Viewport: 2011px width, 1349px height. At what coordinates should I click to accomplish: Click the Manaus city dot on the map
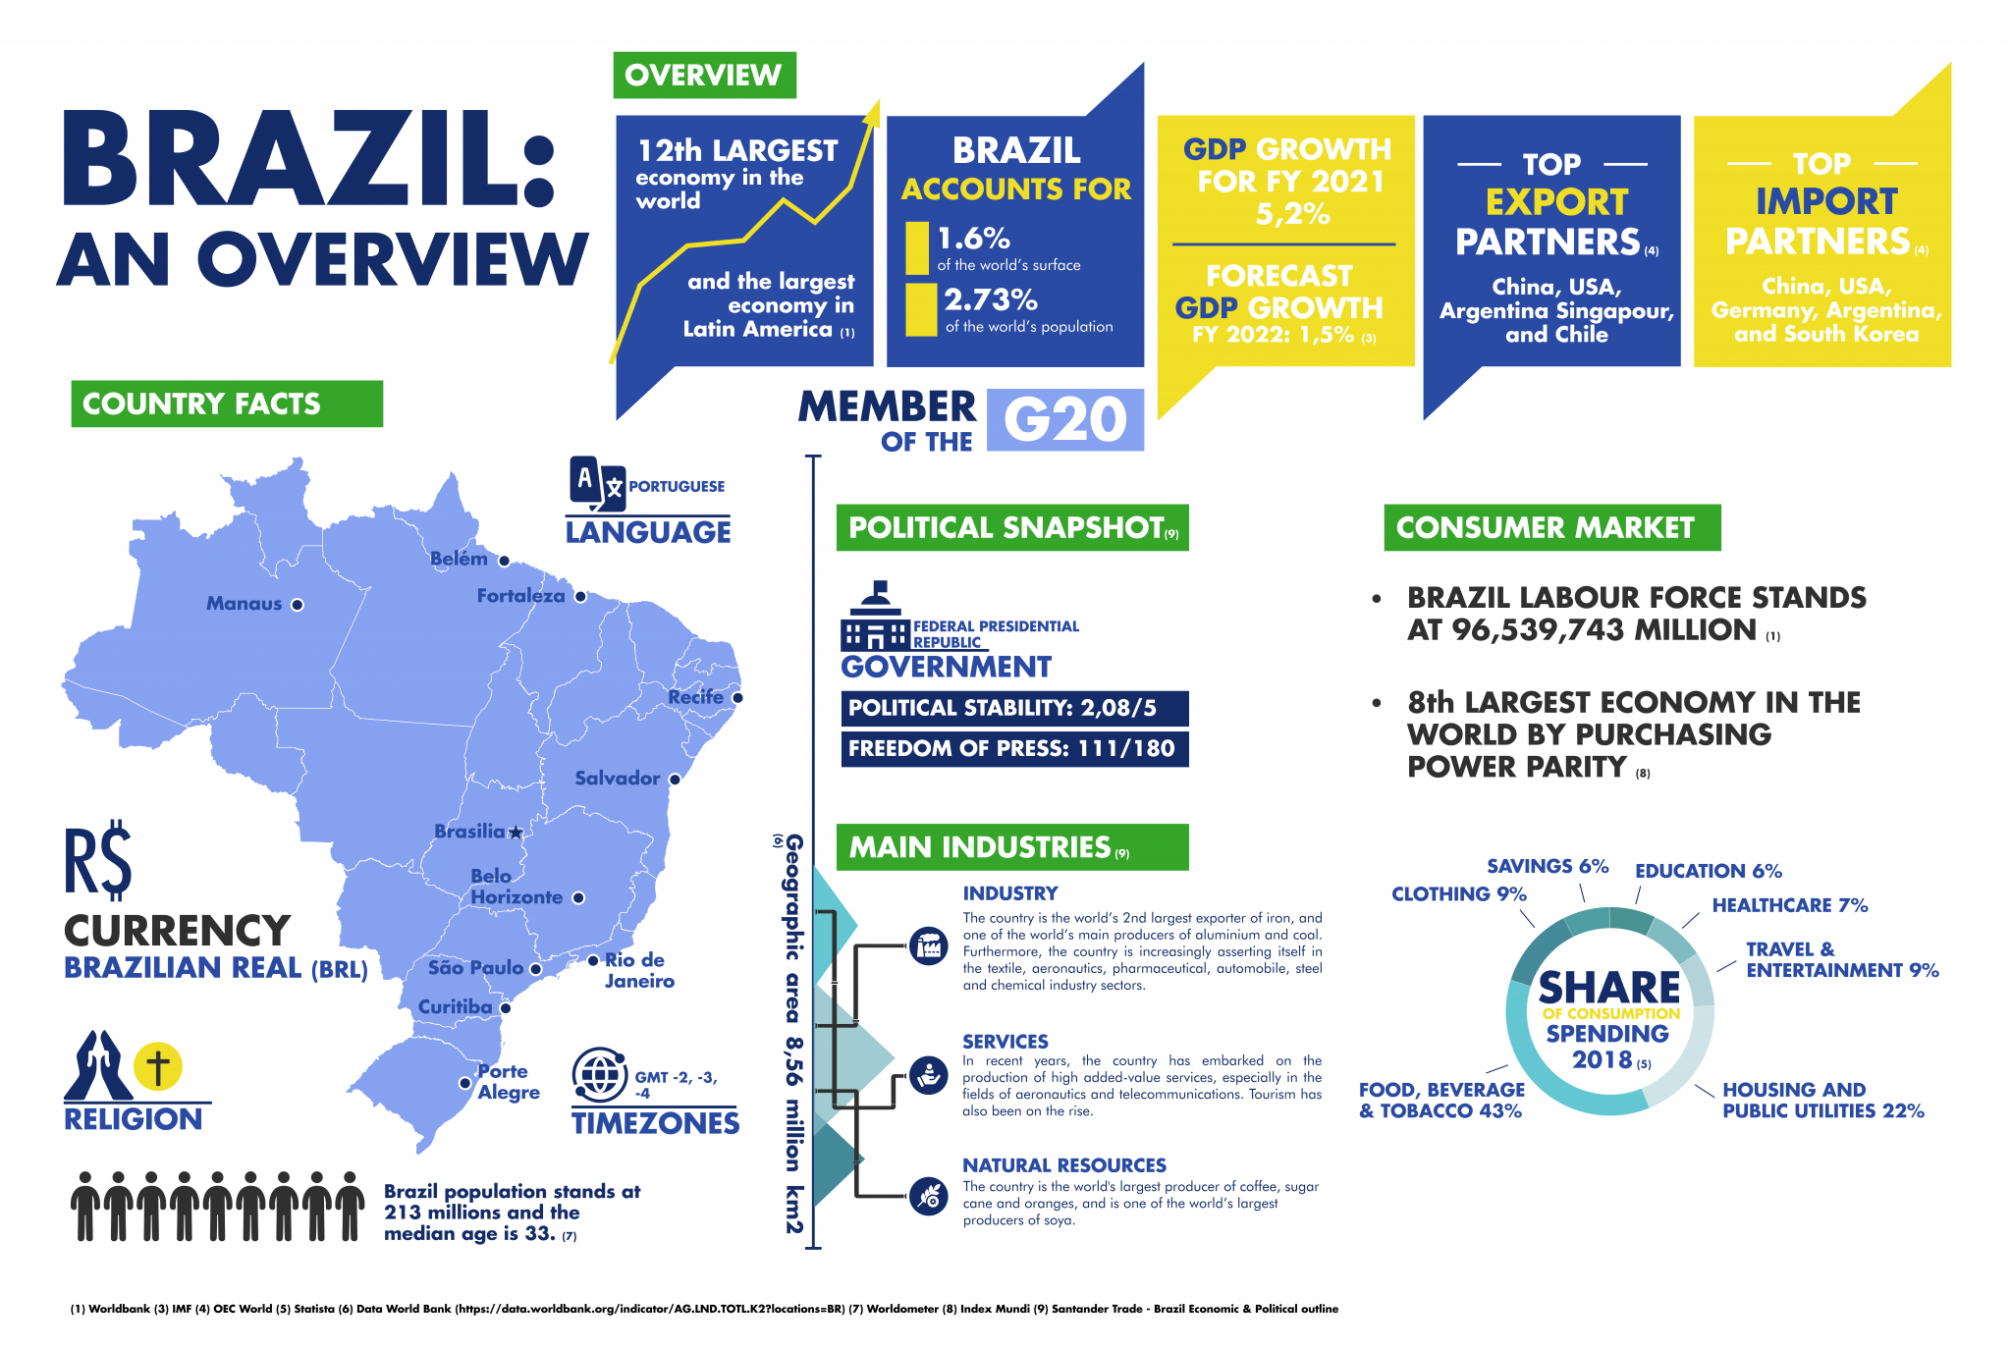coord(298,605)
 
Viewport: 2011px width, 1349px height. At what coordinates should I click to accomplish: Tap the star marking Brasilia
coord(516,833)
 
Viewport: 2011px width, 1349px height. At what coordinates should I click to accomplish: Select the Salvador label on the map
coord(617,779)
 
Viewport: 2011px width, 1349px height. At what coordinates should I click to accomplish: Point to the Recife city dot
coord(737,698)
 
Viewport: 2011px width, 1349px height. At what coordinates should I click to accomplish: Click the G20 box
coord(1064,420)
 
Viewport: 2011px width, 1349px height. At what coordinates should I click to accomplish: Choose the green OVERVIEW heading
coord(704,76)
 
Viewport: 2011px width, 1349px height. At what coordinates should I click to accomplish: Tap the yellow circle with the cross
coord(158,1066)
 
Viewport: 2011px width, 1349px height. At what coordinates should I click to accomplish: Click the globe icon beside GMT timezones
coord(599,1075)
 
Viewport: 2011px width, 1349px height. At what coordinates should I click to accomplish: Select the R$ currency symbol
coord(98,860)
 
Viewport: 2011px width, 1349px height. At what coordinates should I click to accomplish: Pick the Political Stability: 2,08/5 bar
coord(1014,708)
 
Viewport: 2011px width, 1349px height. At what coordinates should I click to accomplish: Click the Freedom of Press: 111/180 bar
coord(1014,748)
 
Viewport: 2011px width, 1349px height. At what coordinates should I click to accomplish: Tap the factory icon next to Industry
coord(928,946)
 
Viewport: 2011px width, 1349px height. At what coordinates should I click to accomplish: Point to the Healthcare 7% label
coord(1789,905)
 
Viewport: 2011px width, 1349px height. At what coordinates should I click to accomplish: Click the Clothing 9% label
coord(1458,894)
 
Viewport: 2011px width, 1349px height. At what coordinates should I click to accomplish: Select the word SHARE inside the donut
coord(1608,987)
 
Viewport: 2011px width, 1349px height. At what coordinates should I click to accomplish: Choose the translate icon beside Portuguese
coord(596,483)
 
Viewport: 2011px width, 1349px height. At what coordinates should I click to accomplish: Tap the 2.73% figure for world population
coord(991,299)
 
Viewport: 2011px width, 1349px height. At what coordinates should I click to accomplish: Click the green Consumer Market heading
coord(1551,528)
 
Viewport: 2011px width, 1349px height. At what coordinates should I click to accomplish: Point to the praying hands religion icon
coord(98,1065)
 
